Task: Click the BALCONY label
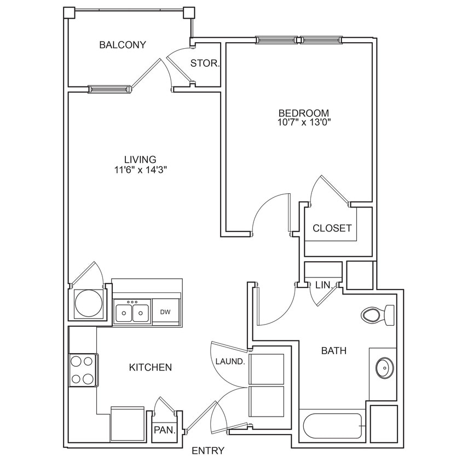point(123,45)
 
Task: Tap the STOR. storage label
point(205,63)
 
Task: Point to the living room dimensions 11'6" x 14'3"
point(140,170)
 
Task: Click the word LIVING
point(140,159)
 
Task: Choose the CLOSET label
point(332,228)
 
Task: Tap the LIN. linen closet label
point(322,285)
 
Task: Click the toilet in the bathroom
point(378,314)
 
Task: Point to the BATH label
point(334,351)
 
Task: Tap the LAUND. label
point(230,361)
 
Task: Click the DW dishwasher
point(165,312)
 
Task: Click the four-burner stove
point(83,369)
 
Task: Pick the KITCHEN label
point(151,367)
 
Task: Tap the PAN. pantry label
point(164,430)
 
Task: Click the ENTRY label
point(208,451)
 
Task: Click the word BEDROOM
point(304,113)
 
